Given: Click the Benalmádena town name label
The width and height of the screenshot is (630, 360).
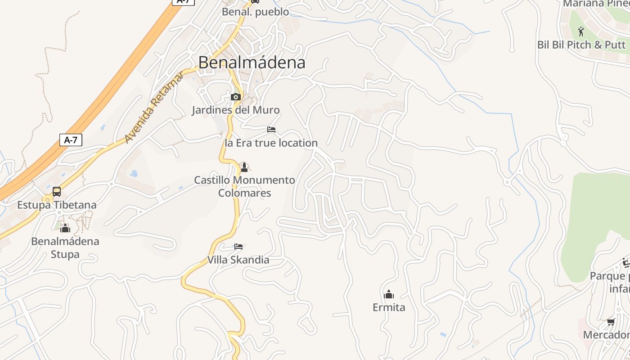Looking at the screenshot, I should (x=252, y=63).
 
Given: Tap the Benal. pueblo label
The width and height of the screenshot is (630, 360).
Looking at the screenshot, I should (x=255, y=12).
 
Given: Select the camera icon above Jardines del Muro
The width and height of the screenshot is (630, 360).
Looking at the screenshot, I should (x=235, y=97).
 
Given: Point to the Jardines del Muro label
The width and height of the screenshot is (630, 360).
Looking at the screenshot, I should (x=235, y=110).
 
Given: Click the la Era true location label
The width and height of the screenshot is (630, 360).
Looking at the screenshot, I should (x=271, y=143).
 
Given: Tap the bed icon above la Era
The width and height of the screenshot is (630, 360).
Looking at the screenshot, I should (x=271, y=130).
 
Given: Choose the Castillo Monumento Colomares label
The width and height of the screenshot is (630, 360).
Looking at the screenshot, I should (x=244, y=186).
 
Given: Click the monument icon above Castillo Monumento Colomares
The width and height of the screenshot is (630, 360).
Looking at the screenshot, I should (x=244, y=167).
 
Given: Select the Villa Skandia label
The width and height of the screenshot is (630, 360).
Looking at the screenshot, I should (x=238, y=260).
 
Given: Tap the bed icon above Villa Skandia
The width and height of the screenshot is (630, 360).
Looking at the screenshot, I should (x=238, y=247).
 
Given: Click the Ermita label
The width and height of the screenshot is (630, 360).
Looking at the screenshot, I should (x=389, y=307).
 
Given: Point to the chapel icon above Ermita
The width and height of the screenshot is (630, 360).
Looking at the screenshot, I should (x=389, y=295).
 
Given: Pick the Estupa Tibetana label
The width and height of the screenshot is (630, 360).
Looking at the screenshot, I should (x=57, y=205).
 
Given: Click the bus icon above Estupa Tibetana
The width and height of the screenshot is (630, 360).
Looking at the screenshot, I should (x=57, y=192).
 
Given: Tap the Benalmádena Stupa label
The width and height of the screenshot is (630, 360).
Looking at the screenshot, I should (x=65, y=247).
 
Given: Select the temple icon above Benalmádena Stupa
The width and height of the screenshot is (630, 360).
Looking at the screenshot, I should (x=65, y=229).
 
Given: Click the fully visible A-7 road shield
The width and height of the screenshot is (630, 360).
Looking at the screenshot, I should (x=71, y=140).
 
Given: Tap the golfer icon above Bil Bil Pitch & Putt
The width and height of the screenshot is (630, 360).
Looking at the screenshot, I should (x=580, y=31).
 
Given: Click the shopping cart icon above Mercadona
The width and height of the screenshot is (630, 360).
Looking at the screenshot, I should (x=611, y=322).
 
